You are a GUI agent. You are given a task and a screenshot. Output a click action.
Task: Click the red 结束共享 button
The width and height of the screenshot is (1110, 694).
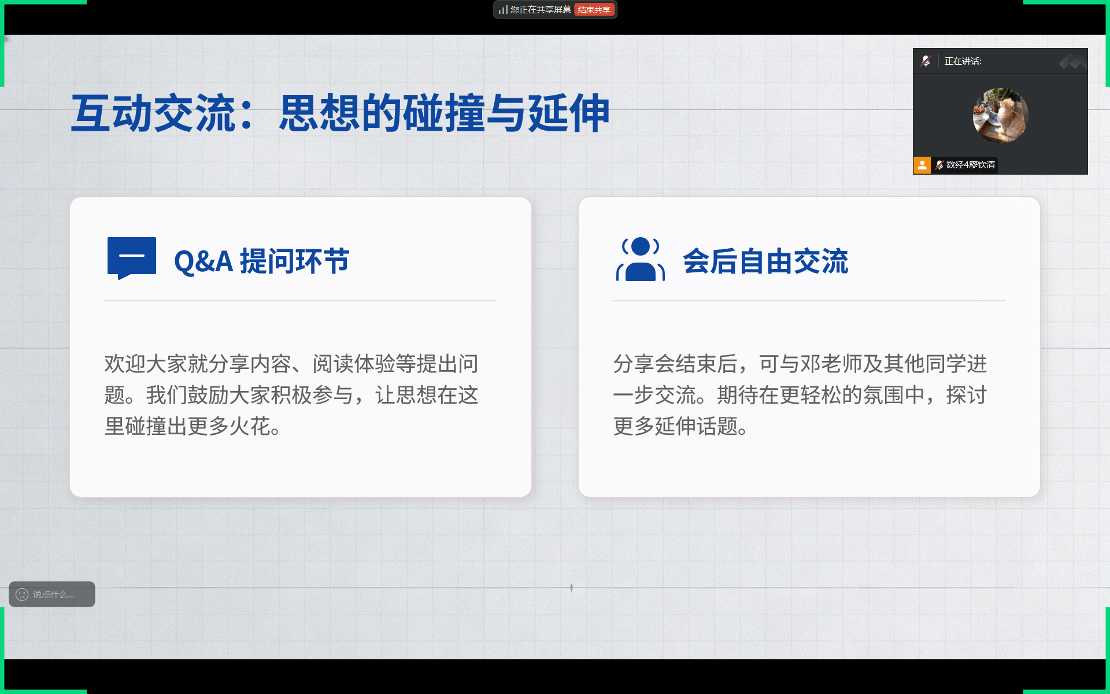pyautogui.click(x=594, y=10)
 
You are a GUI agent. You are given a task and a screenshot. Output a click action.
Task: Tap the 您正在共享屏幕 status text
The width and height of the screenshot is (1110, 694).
pyautogui.click(x=541, y=10)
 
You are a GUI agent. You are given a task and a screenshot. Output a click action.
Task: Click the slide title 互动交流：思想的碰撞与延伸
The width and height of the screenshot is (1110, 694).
pyautogui.click(x=340, y=113)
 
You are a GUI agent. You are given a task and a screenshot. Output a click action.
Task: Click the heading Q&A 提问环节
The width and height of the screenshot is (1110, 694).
pyautogui.click(x=262, y=261)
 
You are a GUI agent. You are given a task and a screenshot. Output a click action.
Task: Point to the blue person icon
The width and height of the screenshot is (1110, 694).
pyautogui.click(x=641, y=259)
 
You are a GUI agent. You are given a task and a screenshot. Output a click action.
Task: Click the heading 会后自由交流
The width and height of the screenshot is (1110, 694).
pyautogui.click(x=765, y=261)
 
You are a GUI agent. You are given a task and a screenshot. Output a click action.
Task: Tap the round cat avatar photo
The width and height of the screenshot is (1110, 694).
pyautogui.click(x=1000, y=115)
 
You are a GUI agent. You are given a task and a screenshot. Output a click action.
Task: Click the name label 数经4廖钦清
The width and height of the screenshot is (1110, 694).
pyautogui.click(x=971, y=165)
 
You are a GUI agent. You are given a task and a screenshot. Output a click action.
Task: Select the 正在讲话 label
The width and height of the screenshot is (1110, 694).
pyautogui.click(x=963, y=61)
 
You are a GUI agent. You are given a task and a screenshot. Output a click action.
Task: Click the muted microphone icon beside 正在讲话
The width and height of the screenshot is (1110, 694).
pyautogui.click(x=926, y=61)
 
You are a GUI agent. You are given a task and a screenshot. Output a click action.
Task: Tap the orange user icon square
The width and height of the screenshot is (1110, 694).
pyautogui.click(x=922, y=165)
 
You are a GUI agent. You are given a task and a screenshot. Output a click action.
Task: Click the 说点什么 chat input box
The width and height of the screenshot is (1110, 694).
pyautogui.click(x=52, y=594)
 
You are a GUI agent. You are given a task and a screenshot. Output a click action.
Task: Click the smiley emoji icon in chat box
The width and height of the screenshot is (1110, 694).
pyautogui.click(x=22, y=594)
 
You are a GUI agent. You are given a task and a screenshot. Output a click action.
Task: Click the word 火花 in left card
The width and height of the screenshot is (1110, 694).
pyautogui.click(x=250, y=426)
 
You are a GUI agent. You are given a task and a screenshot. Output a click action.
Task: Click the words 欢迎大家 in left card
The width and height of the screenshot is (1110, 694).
pyautogui.click(x=146, y=364)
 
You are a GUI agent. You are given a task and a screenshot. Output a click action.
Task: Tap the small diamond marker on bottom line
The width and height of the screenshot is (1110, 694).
pyautogui.click(x=571, y=588)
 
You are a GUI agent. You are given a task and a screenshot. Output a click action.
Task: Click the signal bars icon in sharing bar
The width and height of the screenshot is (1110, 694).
pyautogui.click(x=503, y=10)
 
